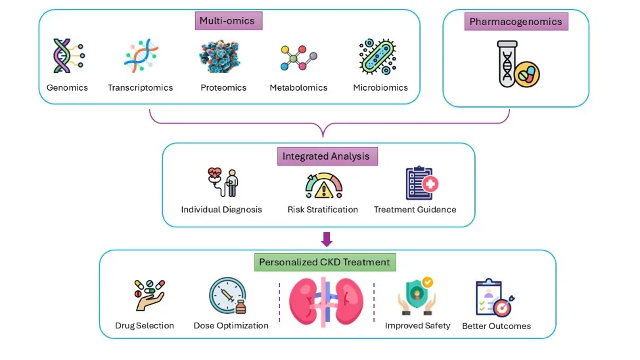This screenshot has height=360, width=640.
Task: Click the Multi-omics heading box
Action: click(229, 21)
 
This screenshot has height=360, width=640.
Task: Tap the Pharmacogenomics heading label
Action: click(516, 22)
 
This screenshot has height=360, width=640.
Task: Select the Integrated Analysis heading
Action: click(327, 156)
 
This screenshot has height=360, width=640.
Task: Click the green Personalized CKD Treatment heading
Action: click(325, 262)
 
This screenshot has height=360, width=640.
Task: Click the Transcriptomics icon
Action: click(141, 55)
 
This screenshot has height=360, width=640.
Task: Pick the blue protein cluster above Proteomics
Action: click(220, 56)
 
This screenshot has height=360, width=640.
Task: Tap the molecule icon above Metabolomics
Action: click(299, 58)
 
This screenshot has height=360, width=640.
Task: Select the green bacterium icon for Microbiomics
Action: click(378, 56)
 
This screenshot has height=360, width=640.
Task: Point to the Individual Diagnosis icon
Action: click(223, 183)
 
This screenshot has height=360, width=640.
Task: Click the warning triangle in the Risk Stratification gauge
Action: click(324, 190)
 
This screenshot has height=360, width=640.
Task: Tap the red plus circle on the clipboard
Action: click(430, 184)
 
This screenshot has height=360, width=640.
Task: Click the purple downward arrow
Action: click(327, 239)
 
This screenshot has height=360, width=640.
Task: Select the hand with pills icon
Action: click(149, 295)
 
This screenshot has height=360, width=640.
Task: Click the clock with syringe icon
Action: click(228, 296)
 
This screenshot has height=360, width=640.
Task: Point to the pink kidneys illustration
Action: click(326, 302)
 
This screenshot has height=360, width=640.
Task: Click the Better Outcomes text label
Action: click(496, 326)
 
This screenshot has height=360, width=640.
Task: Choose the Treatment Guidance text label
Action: click(415, 210)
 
